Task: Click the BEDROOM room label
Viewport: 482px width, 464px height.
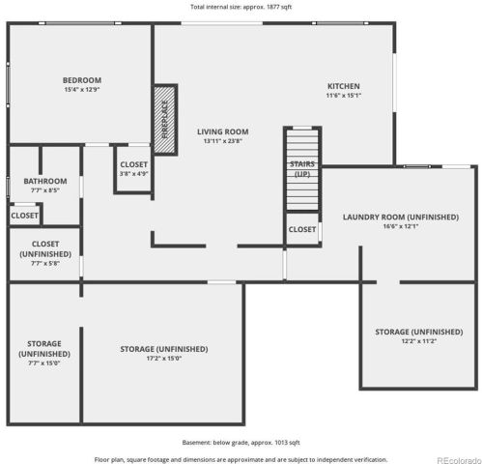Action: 82,80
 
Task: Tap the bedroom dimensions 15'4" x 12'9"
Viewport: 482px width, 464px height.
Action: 82,90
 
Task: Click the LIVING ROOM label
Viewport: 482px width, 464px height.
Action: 223,131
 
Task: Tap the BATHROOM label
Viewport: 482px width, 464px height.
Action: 45,181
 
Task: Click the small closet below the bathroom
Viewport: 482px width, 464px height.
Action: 25,216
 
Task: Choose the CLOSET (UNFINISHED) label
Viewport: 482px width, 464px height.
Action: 45,248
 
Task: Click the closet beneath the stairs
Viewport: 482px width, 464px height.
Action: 302,229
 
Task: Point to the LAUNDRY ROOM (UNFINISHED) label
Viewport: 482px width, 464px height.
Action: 400,217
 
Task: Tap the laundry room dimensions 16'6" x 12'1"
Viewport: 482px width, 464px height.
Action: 400,226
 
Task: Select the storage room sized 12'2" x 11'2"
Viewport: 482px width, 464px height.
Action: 419,336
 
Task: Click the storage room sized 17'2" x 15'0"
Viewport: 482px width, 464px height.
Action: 163,354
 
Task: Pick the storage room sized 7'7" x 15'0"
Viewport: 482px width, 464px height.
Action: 44,354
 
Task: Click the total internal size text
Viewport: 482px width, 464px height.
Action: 241,7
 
